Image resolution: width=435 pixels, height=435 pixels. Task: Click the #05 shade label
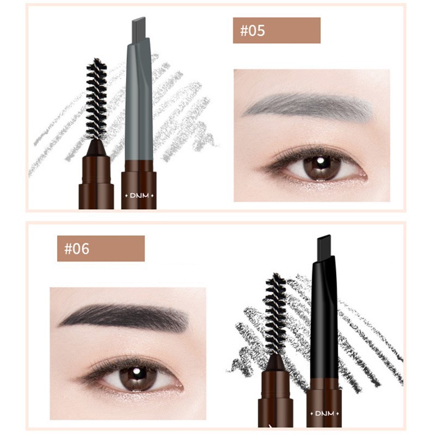(276, 30)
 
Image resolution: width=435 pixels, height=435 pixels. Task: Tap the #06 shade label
(101, 248)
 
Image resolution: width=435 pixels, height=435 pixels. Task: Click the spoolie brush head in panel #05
(97, 101)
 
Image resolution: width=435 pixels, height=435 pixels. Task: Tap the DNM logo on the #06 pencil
(324, 413)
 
